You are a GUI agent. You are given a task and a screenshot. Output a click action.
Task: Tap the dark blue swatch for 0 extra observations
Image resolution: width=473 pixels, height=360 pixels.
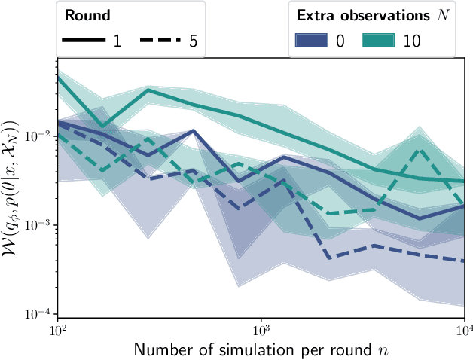319,39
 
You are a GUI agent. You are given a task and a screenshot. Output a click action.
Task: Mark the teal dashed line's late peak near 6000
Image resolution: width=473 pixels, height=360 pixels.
422,150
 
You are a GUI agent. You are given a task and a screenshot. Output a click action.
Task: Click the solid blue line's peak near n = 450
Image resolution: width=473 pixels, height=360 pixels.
194,131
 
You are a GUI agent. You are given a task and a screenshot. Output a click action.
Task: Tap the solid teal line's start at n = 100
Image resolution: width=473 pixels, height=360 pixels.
59,77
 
